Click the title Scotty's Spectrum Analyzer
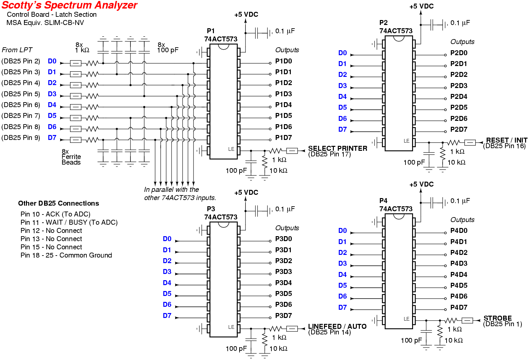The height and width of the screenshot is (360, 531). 69,5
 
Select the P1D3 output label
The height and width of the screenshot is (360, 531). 283,94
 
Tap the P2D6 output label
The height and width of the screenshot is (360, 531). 458,119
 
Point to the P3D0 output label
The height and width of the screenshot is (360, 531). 283,239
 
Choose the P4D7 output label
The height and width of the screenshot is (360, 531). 458,307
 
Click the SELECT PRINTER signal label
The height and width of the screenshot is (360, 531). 337,148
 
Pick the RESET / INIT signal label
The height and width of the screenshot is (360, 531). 506,140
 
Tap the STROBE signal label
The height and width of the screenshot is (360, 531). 497,318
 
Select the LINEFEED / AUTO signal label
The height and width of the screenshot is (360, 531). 337,326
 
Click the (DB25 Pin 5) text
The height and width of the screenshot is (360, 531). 21,94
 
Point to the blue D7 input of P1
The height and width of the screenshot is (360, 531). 52,138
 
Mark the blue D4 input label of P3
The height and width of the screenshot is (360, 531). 167,283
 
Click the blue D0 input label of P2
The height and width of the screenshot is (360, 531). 342,53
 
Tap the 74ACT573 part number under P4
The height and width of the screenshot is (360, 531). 396,209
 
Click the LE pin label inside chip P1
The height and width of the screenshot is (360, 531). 231,149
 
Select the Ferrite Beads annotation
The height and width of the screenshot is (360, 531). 71,160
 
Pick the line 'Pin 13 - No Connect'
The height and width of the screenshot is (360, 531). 51,239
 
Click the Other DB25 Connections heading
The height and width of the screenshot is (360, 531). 58,203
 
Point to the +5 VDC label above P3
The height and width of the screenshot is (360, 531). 246,192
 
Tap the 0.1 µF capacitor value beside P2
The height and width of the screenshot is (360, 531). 460,23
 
